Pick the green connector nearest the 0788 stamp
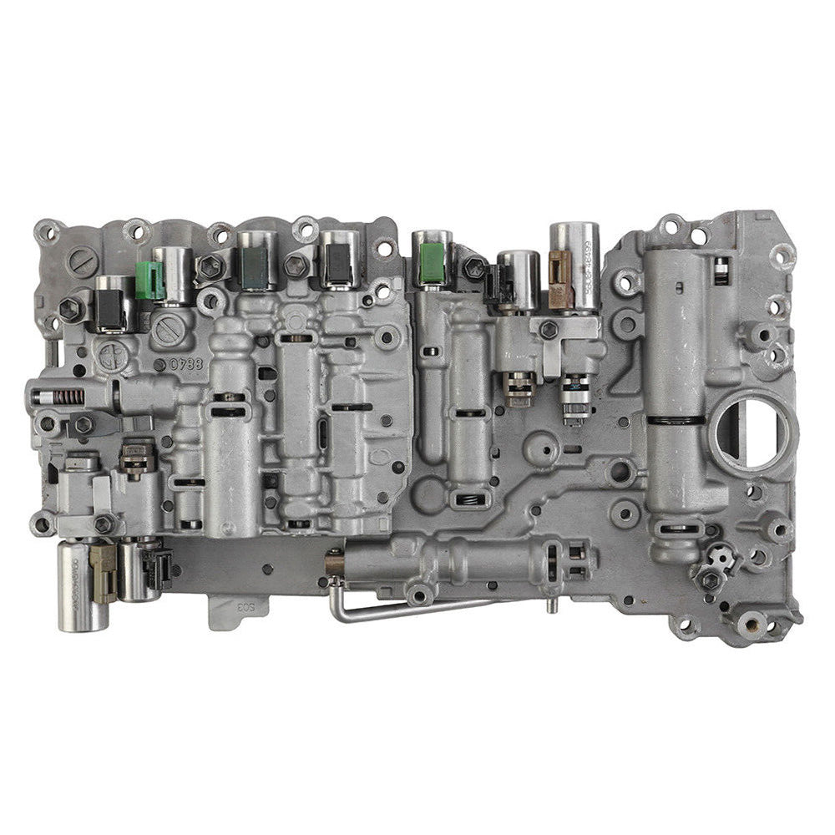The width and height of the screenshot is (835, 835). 149,280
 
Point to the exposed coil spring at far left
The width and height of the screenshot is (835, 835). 71,397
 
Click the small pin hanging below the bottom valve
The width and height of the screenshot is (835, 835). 550,603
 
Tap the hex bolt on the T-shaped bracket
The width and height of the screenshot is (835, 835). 549,330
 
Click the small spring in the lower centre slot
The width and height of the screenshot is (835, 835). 469,499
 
